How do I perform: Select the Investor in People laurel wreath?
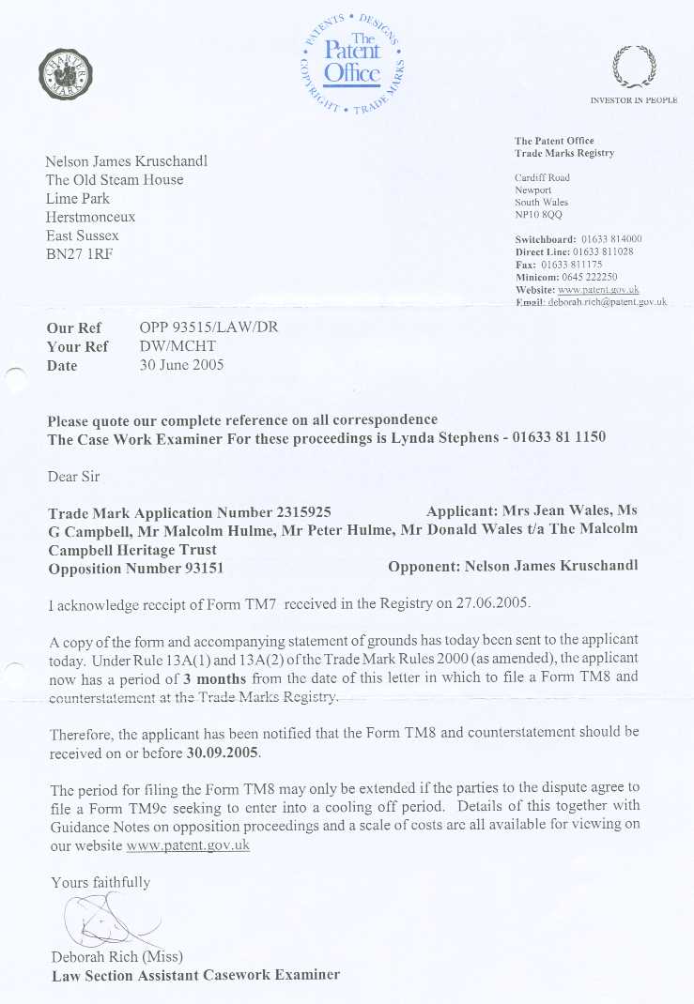coord(633,68)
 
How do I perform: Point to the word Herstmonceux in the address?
coord(90,217)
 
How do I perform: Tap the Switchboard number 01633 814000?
coord(611,239)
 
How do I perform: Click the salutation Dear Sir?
coord(73,477)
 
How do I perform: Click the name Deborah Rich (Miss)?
coord(117,956)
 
